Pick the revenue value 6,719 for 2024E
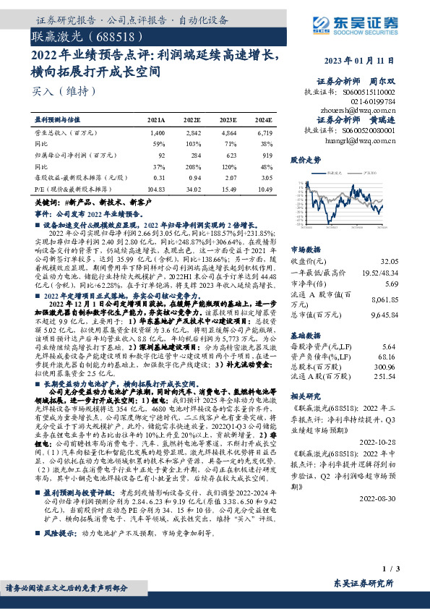pyautogui.click(x=264, y=134)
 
